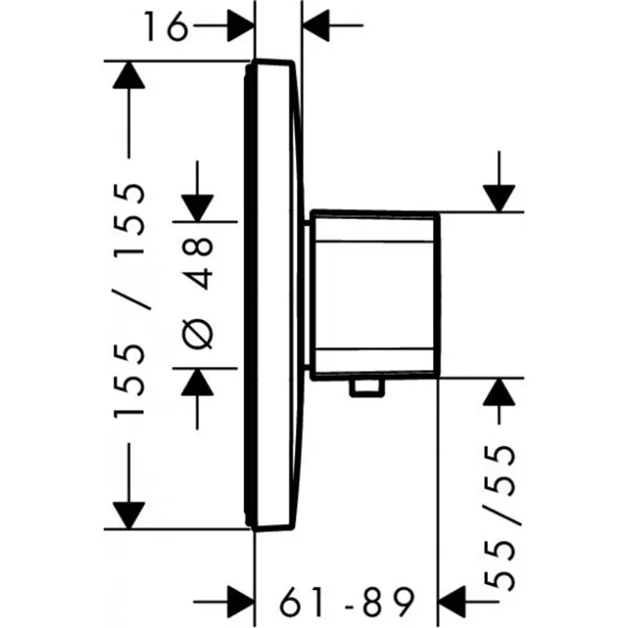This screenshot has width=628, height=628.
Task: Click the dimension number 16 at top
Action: point(166,26)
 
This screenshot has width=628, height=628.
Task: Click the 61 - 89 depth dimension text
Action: point(346,602)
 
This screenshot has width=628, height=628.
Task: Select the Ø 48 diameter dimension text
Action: point(197,293)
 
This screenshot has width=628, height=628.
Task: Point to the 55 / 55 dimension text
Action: point(500,518)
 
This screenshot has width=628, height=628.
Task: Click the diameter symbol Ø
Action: point(197,333)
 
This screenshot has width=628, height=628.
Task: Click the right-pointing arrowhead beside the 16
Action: point(240,25)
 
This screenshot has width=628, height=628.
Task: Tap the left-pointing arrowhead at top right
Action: point(316,25)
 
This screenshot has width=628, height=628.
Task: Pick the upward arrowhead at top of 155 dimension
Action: point(128,74)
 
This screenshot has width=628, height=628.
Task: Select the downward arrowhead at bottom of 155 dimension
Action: point(128,516)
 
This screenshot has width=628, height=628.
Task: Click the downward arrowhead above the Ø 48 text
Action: point(197,208)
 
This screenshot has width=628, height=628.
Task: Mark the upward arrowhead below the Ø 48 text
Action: point(197,381)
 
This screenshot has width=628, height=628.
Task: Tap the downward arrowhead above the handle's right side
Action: point(499,198)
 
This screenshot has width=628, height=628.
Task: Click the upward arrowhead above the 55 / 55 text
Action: point(499,392)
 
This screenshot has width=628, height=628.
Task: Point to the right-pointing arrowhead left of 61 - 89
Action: point(240,602)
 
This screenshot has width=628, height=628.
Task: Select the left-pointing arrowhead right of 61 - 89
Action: point(452,602)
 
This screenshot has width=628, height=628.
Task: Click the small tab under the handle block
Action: point(367,388)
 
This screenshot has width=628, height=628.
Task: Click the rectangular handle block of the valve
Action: point(375,295)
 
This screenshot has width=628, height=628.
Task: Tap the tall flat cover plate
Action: point(271,295)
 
